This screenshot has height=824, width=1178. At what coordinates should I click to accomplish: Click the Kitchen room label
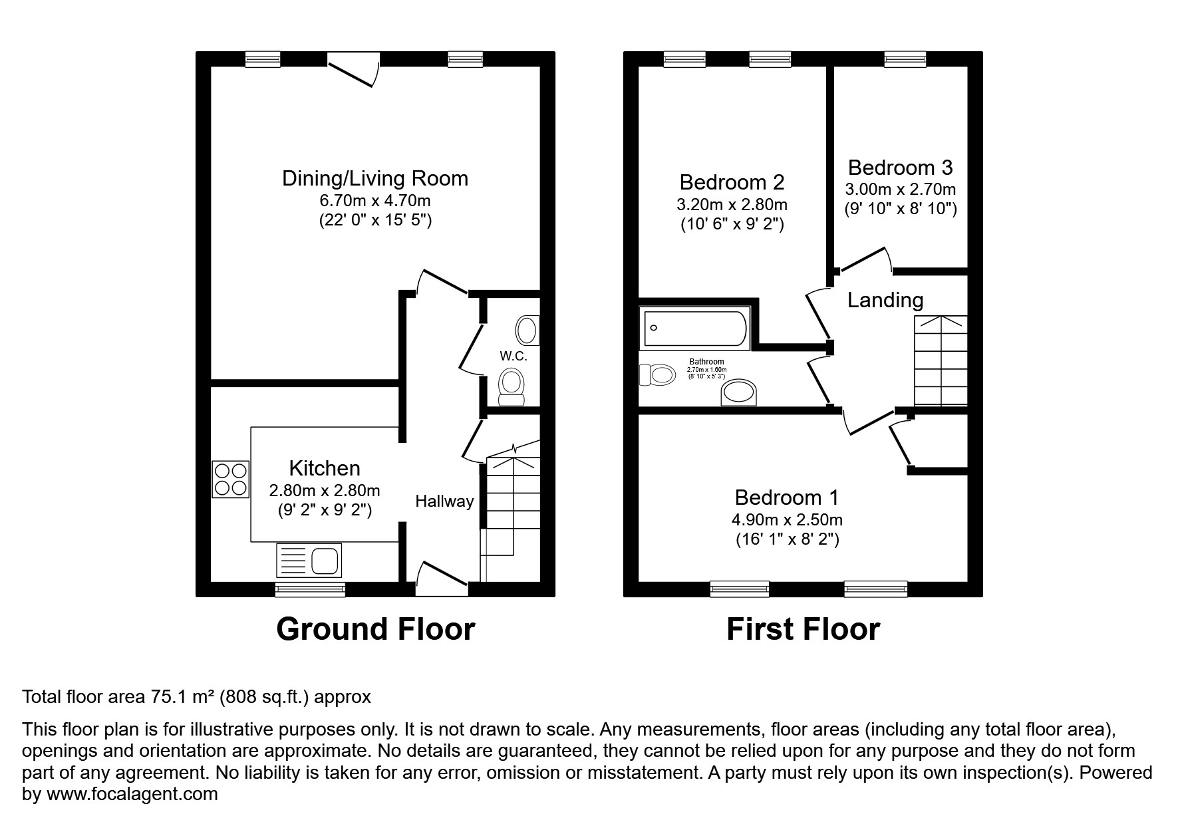click(x=325, y=468)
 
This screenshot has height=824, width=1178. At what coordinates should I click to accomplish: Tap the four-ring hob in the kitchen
click(x=230, y=479)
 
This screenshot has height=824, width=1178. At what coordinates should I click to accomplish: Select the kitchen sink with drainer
click(x=309, y=560)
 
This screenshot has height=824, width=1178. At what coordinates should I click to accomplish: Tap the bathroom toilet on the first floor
click(x=657, y=374)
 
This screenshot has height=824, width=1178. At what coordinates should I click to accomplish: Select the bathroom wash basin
click(x=740, y=392)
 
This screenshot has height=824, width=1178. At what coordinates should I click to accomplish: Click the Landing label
click(x=885, y=300)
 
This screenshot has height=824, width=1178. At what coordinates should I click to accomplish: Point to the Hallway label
click(x=444, y=501)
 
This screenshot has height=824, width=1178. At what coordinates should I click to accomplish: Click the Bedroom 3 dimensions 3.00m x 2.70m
click(x=900, y=190)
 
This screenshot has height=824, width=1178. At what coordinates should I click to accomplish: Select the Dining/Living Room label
click(x=375, y=178)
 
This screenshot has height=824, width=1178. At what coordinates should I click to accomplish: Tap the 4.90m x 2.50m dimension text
click(x=787, y=519)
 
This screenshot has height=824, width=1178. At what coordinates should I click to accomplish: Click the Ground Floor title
click(x=375, y=629)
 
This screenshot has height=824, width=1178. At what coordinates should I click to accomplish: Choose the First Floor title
click(x=803, y=629)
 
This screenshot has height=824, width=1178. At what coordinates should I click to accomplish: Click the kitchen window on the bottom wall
click(x=311, y=589)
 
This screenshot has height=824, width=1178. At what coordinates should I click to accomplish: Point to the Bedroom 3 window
click(x=905, y=60)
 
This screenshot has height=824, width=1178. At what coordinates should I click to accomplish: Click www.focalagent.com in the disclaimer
click(x=132, y=794)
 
